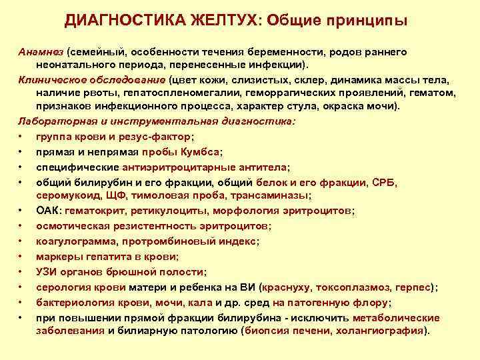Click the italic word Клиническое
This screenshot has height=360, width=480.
coord(55,79)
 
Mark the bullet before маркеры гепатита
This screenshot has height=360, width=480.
coord(22,256)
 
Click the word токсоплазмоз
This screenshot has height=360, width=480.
coord(351,287)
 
